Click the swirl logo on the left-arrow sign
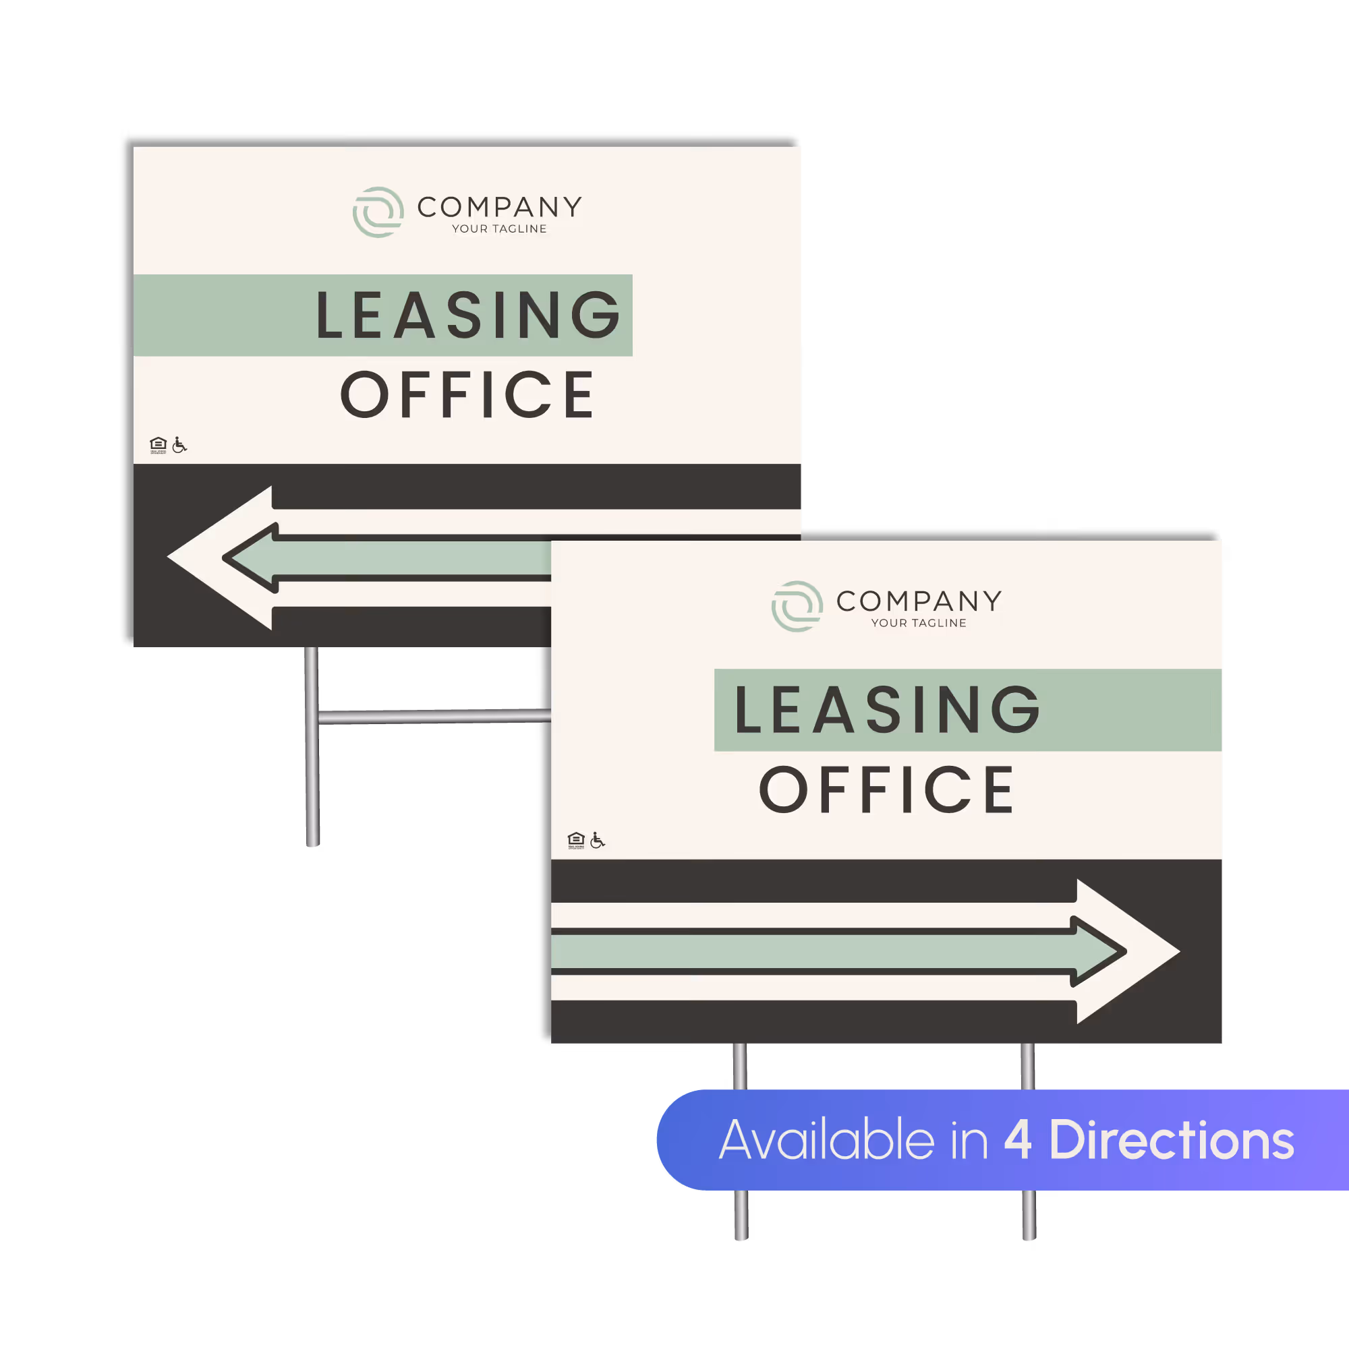(x=378, y=212)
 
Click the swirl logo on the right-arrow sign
(x=797, y=606)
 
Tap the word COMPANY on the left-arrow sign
(x=500, y=207)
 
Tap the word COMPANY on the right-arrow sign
(x=919, y=601)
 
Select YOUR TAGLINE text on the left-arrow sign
(x=499, y=229)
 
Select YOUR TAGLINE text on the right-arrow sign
(x=918, y=623)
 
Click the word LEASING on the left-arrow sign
(x=468, y=316)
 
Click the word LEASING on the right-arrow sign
(x=886, y=710)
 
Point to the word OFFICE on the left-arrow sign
(x=467, y=395)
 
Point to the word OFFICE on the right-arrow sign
(x=886, y=789)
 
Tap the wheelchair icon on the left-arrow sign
(x=179, y=445)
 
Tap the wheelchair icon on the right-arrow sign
(x=598, y=840)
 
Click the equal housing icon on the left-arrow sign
(x=159, y=445)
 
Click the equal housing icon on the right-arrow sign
(x=575, y=840)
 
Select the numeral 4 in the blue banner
(x=1018, y=1140)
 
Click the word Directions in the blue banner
(x=1171, y=1140)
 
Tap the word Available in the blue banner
(x=826, y=1140)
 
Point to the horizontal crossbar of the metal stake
(x=433, y=717)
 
